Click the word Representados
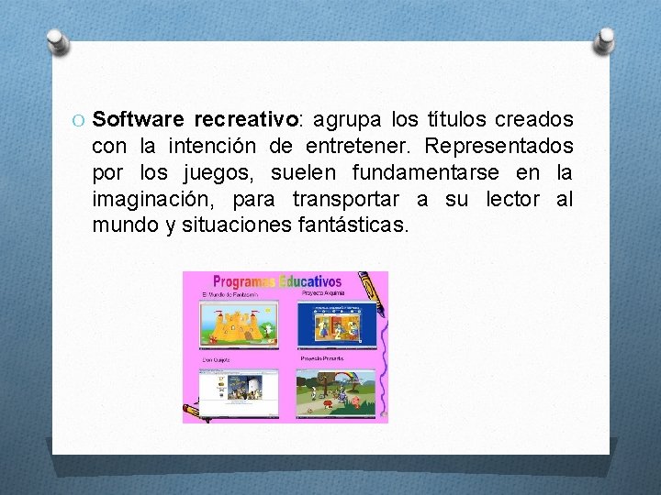500,147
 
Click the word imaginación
155,199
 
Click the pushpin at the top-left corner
57,40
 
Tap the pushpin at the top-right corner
605,38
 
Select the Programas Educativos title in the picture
276,282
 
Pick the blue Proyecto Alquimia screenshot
336,323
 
